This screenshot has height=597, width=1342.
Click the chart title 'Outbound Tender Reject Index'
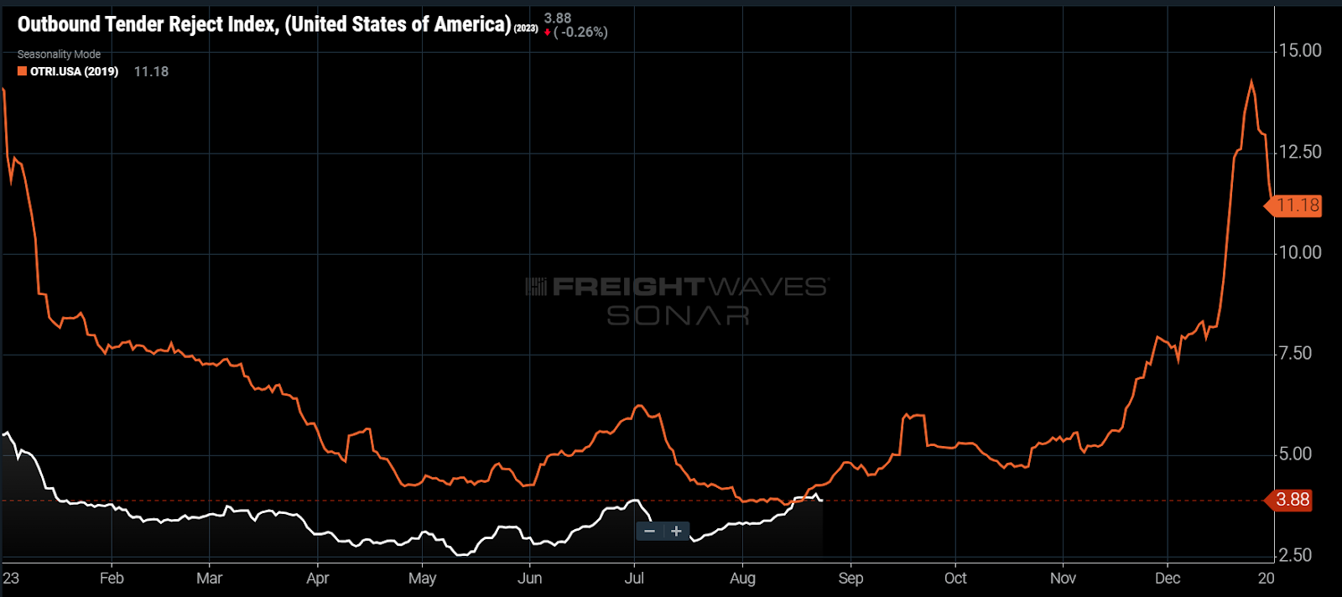pos(147,24)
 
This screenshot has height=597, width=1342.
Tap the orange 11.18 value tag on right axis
pos(1297,205)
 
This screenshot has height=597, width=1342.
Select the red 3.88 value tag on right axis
pos(1292,500)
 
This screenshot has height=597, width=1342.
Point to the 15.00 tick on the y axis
pos(1299,51)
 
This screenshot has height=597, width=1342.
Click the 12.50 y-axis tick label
pos(1299,152)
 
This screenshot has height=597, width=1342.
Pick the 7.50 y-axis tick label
pos(1294,353)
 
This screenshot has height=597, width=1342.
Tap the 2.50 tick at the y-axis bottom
pos(1294,555)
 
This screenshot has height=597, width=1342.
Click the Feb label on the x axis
pos(112,579)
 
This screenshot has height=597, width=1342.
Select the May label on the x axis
pos(422,579)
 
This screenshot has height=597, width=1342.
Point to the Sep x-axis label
pos(850,579)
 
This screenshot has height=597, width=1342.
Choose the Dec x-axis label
pos(1167,579)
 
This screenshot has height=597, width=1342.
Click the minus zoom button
pos(649,531)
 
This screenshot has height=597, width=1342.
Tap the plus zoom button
pos(676,531)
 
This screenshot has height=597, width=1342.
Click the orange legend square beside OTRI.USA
pos(23,71)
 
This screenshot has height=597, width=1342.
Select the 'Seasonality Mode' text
pos(59,55)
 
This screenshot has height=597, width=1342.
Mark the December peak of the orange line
pos(1251,81)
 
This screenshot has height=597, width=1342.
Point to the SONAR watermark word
pos(678,316)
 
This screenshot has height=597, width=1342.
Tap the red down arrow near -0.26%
pos(548,33)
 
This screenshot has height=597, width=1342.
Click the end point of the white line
pos(821,500)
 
